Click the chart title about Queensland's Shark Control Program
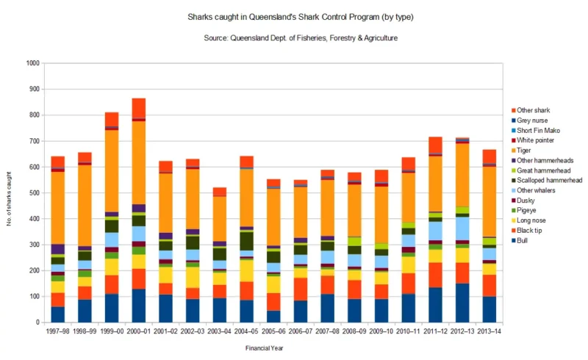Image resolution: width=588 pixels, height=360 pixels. [294, 15]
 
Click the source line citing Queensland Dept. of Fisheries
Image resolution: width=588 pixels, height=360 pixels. [294, 37]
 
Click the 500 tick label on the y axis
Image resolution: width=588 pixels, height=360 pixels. [33, 192]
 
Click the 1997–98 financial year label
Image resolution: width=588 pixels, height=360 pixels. [57, 331]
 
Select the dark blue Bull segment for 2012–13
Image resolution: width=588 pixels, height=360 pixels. [462, 303]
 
